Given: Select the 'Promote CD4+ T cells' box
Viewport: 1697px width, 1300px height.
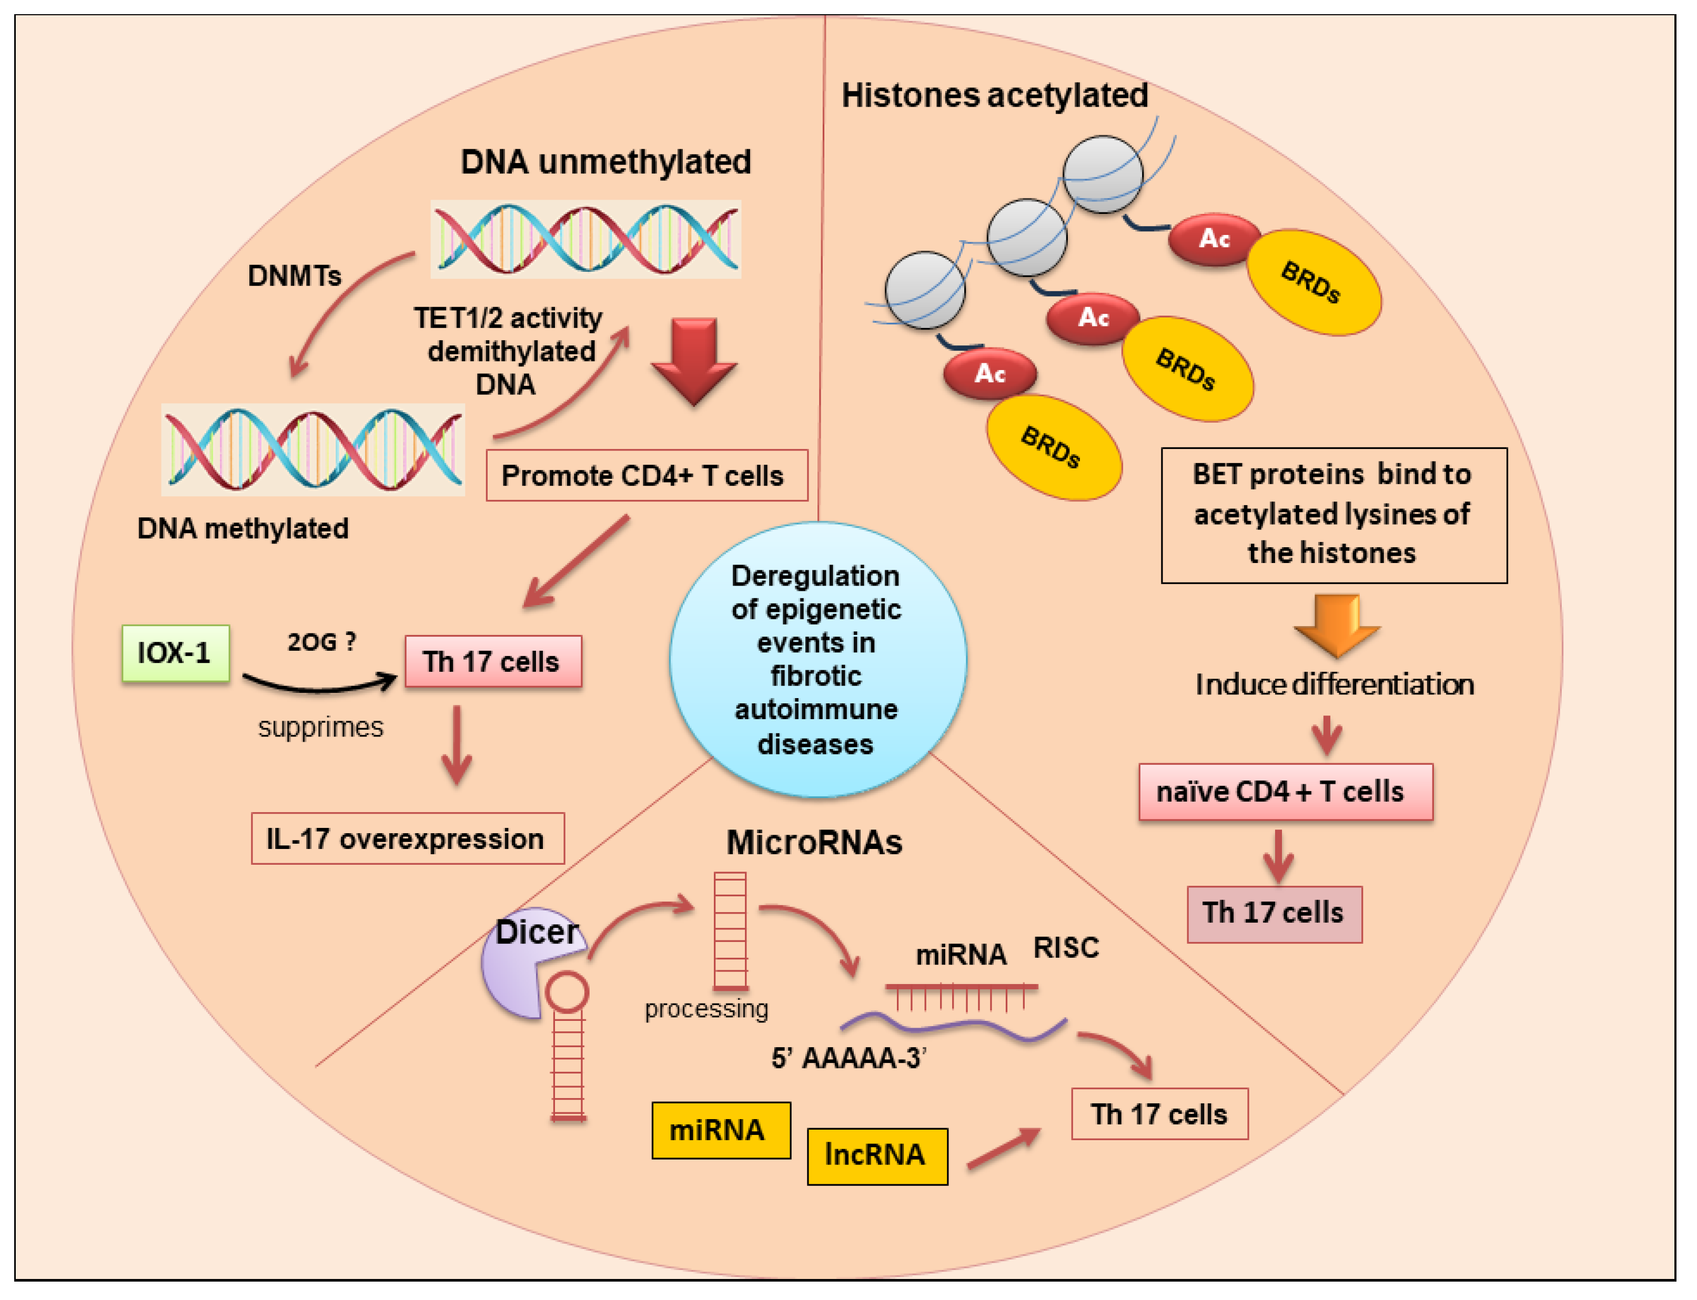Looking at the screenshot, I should tap(647, 475).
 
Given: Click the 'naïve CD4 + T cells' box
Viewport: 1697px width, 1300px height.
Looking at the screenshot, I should tap(1285, 792).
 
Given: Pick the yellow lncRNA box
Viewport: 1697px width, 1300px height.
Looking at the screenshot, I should tap(876, 1155).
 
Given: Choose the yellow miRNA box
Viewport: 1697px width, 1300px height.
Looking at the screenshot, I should tap(720, 1130).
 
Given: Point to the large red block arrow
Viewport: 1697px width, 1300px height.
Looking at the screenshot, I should tap(694, 360).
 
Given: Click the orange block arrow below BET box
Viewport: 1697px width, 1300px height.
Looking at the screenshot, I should tap(1337, 623).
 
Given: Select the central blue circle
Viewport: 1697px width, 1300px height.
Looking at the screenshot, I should tap(817, 659).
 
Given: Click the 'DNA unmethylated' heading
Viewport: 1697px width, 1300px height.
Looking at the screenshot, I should tap(605, 162).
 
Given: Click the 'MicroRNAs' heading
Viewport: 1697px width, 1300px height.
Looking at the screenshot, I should tap(814, 842).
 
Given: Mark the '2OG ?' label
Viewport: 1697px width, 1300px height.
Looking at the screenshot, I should tap(321, 641).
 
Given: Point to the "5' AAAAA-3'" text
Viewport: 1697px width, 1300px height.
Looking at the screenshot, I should tap(848, 1058).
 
